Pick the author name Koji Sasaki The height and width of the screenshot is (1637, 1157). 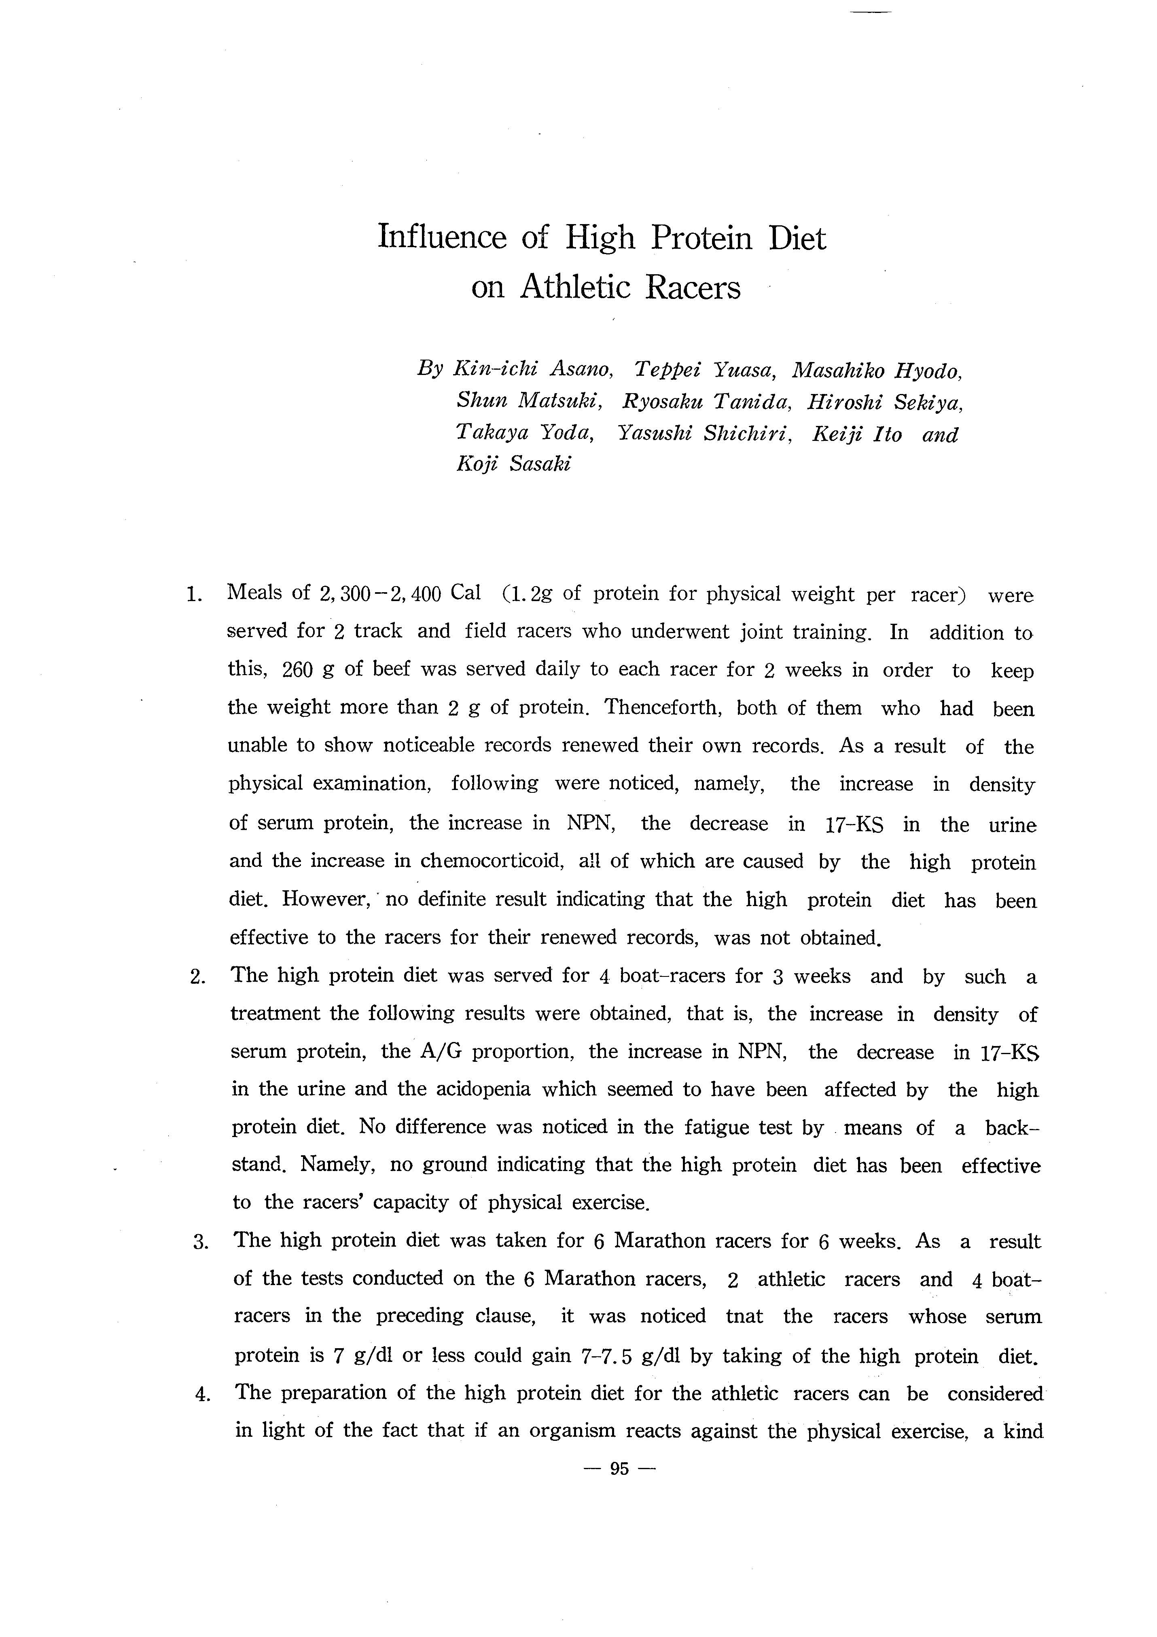[513, 464]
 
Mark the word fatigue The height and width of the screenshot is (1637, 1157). [716, 1127]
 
